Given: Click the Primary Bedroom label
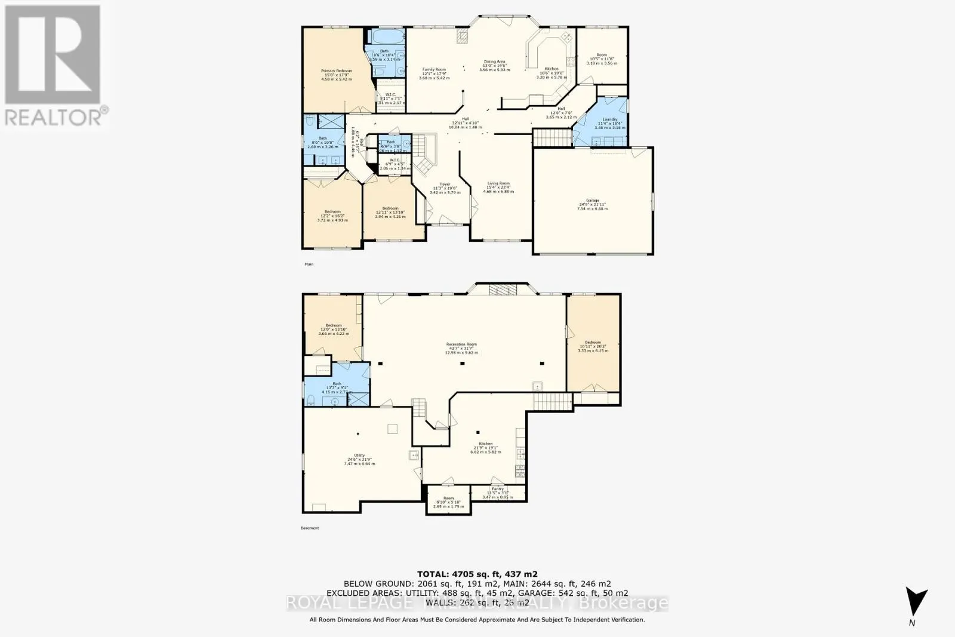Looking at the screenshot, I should pos(336,71).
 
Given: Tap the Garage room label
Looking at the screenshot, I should pos(592,201).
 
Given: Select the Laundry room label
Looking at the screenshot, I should pos(609,119).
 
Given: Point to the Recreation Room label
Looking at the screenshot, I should pos(461,344).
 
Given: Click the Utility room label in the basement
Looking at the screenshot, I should pos(359,456).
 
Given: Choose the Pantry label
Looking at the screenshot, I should pos(497,489).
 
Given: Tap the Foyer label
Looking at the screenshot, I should pos(445,184).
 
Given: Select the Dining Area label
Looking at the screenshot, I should pos(494,61).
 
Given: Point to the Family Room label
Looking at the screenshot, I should pos(434,70).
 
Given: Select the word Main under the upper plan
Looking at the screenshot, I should pos(309,264).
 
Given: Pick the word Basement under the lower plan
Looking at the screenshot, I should pos(310,528).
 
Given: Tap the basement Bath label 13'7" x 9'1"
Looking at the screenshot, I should pos(337,384).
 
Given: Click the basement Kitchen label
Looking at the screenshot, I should pos(485,444).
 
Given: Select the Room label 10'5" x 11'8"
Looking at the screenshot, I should pos(602,55).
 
